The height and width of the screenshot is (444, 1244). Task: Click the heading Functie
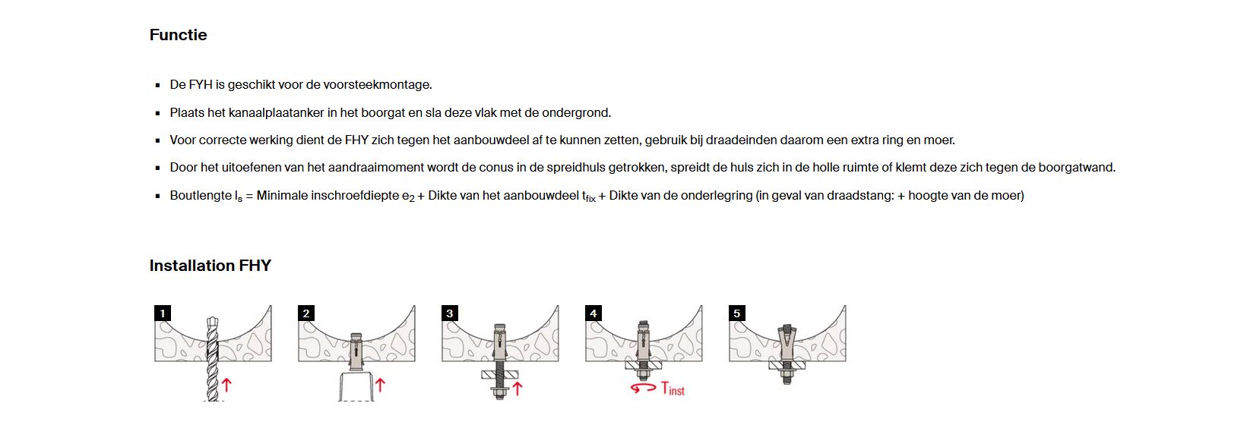[178, 35]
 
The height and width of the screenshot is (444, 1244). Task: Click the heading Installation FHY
[210, 266]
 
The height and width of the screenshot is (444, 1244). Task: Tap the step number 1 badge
[162, 313]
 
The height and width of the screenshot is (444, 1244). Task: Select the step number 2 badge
[305, 313]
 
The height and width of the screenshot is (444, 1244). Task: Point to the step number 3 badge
[449, 313]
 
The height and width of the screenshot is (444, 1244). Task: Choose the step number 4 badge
[593, 313]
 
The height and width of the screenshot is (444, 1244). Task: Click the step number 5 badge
[736, 313]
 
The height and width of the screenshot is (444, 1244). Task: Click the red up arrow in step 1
[226, 385]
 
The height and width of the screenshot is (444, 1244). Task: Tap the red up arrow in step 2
[380, 385]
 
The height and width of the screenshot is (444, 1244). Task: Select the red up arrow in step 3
[518, 388]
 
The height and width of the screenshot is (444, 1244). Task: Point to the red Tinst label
[673, 389]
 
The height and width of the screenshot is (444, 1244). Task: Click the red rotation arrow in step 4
[643, 389]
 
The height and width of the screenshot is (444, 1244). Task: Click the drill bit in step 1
[213, 357]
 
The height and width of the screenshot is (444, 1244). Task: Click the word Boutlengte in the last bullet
[201, 196]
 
